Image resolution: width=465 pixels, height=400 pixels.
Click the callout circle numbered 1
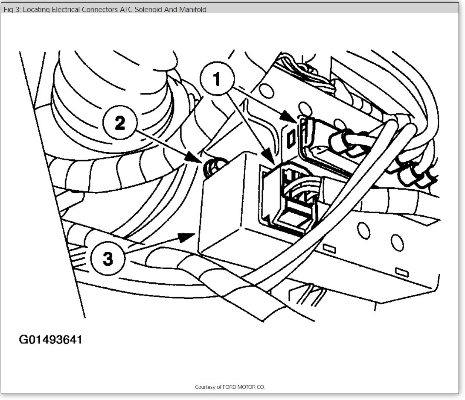click(217, 79)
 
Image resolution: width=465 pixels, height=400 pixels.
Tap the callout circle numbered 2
click(120, 124)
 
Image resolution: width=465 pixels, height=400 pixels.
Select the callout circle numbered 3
click(108, 258)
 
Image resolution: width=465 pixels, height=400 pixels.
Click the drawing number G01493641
click(51, 340)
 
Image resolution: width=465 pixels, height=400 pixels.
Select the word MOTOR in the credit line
click(249, 387)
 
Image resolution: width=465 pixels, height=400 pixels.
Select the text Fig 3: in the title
click(12, 9)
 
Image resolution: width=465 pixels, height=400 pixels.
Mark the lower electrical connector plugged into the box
click(290, 201)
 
